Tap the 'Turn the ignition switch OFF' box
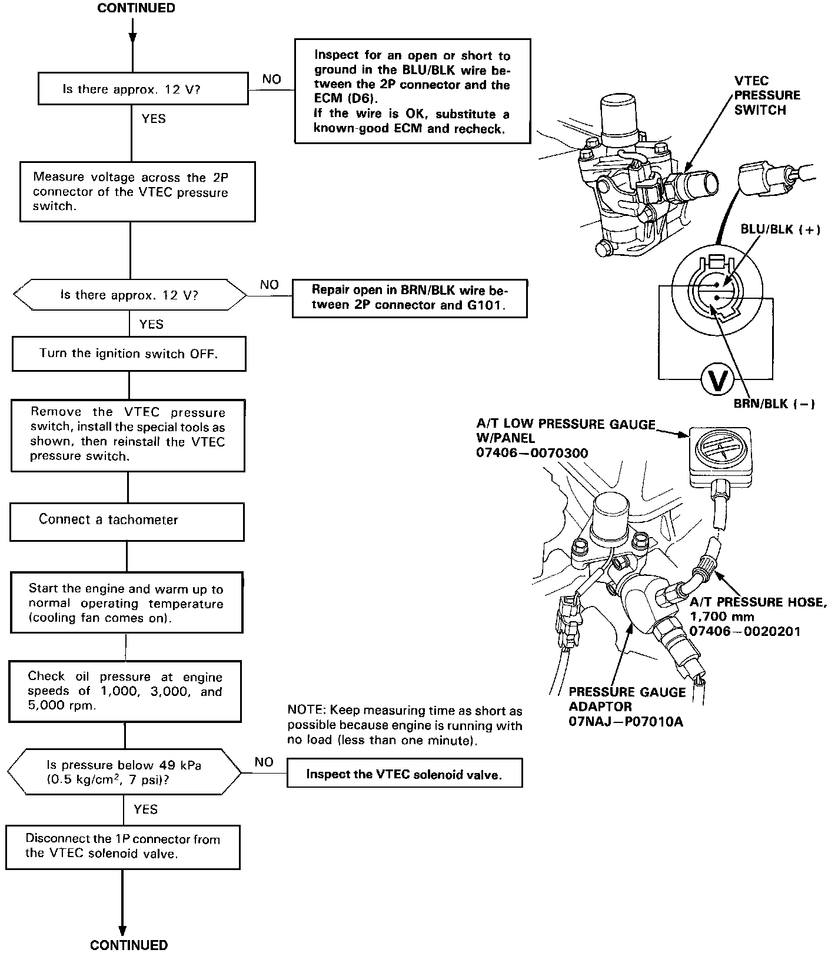[129, 354]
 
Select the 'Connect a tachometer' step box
[127, 521]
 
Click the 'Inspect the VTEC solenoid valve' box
[404, 774]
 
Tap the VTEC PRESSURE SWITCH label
[767, 95]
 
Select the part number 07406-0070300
[532, 453]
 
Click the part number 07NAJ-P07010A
[626, 721]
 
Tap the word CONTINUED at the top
[136, 8]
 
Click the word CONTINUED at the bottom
[129, 945]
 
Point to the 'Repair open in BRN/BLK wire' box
[410, 298]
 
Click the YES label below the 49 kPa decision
[145, 809]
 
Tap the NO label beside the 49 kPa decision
[264, 762]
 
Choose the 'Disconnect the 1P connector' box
[123, 847]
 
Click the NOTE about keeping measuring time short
[404, 726]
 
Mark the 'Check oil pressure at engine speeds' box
[125, 691]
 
